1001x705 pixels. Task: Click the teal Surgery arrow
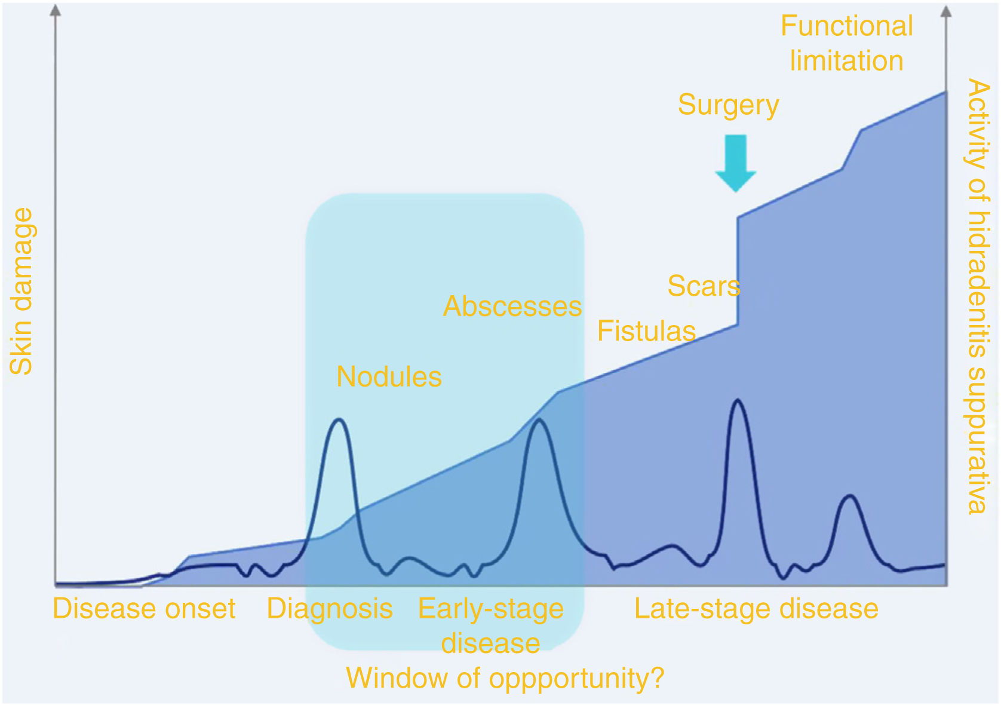tap(736, 163)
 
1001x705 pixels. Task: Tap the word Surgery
tap(729, 106)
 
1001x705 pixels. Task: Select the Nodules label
tap(389, 376)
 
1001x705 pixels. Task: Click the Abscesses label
tap(512, 306)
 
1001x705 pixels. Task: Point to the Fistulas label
tap(647, 331)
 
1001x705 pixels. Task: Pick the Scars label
tap(704, 286)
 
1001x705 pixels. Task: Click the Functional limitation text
tap(847, 43)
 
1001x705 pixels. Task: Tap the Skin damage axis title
tap(21, 291)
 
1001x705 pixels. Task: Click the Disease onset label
tap(144, 608)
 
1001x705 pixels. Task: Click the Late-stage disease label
tap(757, 609)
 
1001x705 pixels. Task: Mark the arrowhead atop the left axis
tap(55, 11)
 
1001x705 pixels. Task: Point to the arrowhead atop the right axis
tap(946, 11)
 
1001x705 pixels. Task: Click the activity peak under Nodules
tap(339, 419)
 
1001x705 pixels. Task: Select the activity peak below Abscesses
tap(539, 419)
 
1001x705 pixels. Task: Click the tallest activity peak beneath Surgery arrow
tap(738, 400)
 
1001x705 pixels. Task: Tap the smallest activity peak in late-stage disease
tap(850, 495)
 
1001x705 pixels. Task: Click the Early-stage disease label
tap(491, 626)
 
